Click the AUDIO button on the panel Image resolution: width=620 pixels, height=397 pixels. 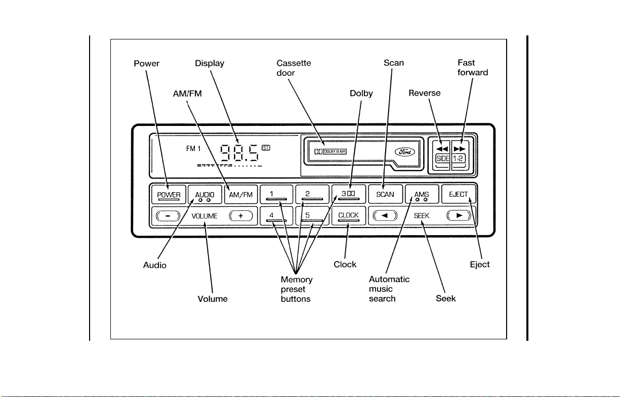(x=205, y=195)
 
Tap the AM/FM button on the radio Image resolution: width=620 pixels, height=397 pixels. (x=241, y=195)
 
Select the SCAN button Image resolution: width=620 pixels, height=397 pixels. (x=385, y=194)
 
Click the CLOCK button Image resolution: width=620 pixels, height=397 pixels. (x=349, y=216)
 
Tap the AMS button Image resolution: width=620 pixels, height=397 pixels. (x=422, y=194)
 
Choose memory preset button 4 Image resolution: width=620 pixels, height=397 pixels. (x=276, y=216)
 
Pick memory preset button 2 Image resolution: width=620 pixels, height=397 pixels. (x=312, y=194)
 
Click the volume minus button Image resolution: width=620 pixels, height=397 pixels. (x=168, y=216)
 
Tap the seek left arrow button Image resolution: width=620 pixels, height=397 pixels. (x=385, y=215)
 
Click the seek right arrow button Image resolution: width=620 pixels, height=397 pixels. (x=459, y=215)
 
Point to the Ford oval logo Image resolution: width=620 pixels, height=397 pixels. (x=405, y=152)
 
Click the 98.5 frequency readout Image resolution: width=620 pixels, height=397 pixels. (x=240, y=153)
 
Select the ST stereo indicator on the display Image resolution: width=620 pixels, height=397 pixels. (x=266, y=148)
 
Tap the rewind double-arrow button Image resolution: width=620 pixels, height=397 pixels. (x=442, y=149)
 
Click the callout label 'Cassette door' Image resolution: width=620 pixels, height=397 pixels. (x=294, y=68)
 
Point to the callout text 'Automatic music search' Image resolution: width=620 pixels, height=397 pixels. (x=389, y=289)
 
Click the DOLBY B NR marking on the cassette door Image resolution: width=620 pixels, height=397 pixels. (x=335, y=152)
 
